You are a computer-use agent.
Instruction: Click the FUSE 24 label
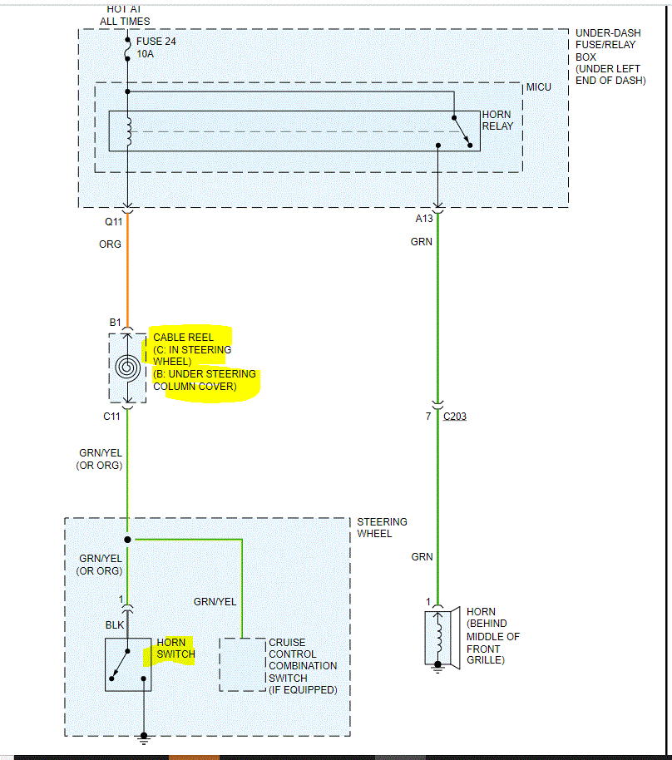click(x=156, y=41)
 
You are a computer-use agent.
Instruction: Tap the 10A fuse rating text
click(x=145, y=54)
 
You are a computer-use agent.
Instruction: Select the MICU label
click(x=538, y=87)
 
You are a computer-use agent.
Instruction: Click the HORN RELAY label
click(x=497, y=120)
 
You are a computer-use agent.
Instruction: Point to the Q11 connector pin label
click(x=112, y=222)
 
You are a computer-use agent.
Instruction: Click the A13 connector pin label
click(x=424, y=219)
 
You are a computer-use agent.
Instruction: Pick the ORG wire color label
click(x=110, y=244)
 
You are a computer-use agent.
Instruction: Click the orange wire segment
click(x=127, y=274)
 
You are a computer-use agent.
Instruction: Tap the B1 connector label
click(x=115, y=323)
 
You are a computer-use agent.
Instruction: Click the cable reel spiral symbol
click(x=127, y=367)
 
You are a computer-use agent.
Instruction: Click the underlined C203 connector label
click(x=454, y=416)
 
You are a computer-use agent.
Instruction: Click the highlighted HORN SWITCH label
click(x=175, y=649)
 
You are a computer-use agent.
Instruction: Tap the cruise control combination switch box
click(x=242, y=664)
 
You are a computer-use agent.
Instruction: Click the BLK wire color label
click(x=115, y=625)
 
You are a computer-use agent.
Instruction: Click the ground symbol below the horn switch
click(x=144, y=737)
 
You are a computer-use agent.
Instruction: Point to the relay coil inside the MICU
click(x=128, y=131)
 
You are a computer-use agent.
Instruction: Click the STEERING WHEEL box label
click(x=382, y=527)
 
